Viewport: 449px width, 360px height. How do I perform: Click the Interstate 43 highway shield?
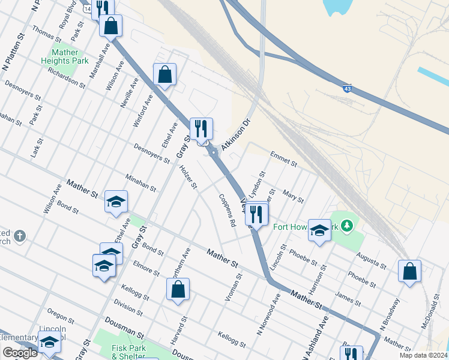click(348, 89)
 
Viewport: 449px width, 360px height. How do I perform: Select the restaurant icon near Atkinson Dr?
click(201, 128)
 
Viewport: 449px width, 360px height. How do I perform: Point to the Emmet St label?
click(283, 159)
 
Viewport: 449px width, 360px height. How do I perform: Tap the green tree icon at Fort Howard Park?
click(346, 226)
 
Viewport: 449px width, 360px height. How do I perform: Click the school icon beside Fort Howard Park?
click(319, 229)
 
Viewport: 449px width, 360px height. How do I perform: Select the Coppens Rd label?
click(227, 209)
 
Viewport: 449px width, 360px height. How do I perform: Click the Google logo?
click(20, 353)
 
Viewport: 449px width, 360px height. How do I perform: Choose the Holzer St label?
click(188, 176)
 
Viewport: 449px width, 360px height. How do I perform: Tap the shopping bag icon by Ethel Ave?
click(164, 74)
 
